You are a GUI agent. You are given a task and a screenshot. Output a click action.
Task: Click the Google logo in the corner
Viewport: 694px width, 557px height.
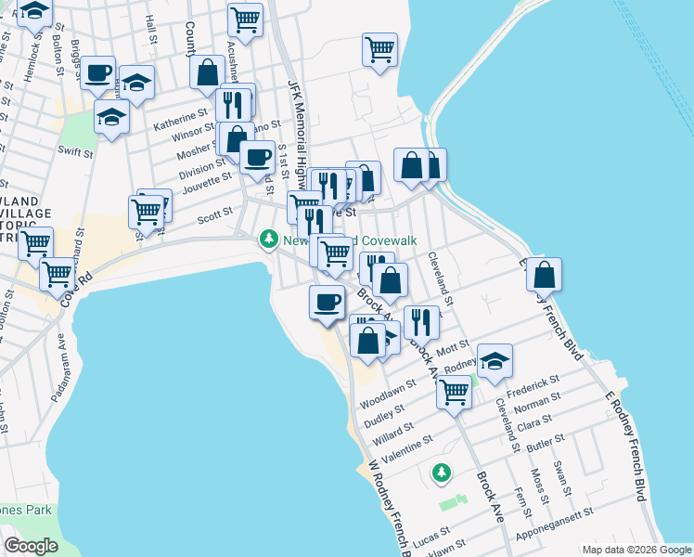tap(32, 546)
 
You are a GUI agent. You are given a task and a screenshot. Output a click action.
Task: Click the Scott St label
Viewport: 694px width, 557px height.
tap(214, 220)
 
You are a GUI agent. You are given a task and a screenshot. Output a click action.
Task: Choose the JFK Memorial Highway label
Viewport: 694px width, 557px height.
tap(296, 130)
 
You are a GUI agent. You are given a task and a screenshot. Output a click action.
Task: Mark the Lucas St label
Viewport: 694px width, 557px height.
tap(432, 536)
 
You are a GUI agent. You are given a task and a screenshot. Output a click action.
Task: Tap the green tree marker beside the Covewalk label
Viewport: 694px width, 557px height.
tap(269, 240)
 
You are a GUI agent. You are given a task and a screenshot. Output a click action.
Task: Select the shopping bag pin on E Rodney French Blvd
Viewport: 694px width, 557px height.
tap(545, 275)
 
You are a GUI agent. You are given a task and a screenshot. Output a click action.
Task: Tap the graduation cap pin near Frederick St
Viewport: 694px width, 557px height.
tap(495, 361)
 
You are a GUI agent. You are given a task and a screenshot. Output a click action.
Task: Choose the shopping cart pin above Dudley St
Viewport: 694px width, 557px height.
tap(454, 391)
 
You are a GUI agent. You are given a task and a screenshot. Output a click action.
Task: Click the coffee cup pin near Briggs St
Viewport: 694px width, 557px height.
tap(98, 72)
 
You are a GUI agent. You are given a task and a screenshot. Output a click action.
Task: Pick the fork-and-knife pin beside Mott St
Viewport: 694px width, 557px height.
tap(422, 321)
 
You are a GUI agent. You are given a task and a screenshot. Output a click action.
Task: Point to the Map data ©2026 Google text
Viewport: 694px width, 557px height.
tap(636, 550)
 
